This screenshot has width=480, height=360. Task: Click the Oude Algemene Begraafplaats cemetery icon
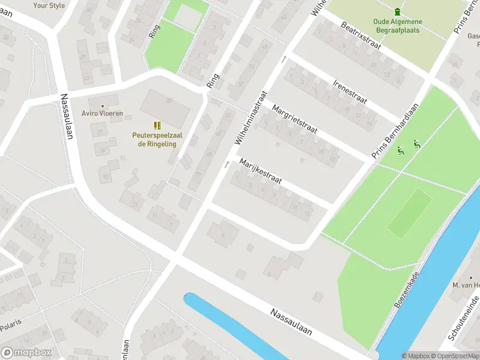(x=397, y=11)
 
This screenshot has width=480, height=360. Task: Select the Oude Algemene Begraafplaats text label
(x=397, y=26)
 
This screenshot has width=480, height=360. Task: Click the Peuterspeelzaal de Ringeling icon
(x=157, y=125)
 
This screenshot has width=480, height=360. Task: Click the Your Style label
(x=49, y=5)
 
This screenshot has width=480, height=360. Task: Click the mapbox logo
(x=26, y=353)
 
